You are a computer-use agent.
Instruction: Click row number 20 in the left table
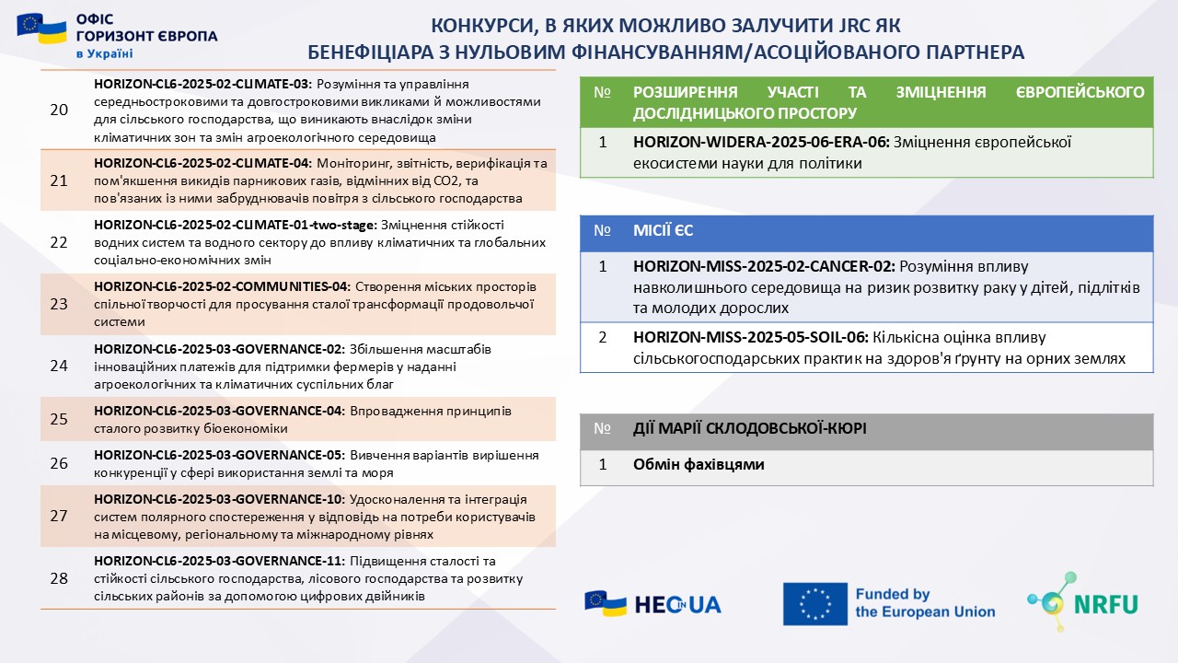pyautogui.click(x=59, y=110)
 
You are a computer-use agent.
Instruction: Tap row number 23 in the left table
pyautogui.click(x=59, y=304)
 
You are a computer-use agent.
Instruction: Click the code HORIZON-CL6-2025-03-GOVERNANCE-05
pyautogui.click(x=218, y=455)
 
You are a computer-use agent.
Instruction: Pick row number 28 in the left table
pyautogui.click(x=59, y=578)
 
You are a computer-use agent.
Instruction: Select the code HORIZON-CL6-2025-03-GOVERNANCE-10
pyautogui.click(x=218, y=499)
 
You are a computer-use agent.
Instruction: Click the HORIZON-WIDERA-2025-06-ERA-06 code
pyautogui.click(x=761, y=143)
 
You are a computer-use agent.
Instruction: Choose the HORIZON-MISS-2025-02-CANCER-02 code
pyautogui.click(x=764, y=266)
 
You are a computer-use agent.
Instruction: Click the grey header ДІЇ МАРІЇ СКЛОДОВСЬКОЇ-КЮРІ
pyautogui.click(x=749, y=428)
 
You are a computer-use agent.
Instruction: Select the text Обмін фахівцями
pyautogui.click(x=699, y=465)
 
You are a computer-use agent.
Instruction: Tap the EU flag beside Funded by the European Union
pyautogui.click(x=814, y=604)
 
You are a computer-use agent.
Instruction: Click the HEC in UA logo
pyautogui.click(x=653, y=604)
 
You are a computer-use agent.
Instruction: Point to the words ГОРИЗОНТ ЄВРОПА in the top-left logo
pyautogui.click(x=147, y=36)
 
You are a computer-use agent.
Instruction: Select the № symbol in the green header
pyautogui.click(x=603, y=93)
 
